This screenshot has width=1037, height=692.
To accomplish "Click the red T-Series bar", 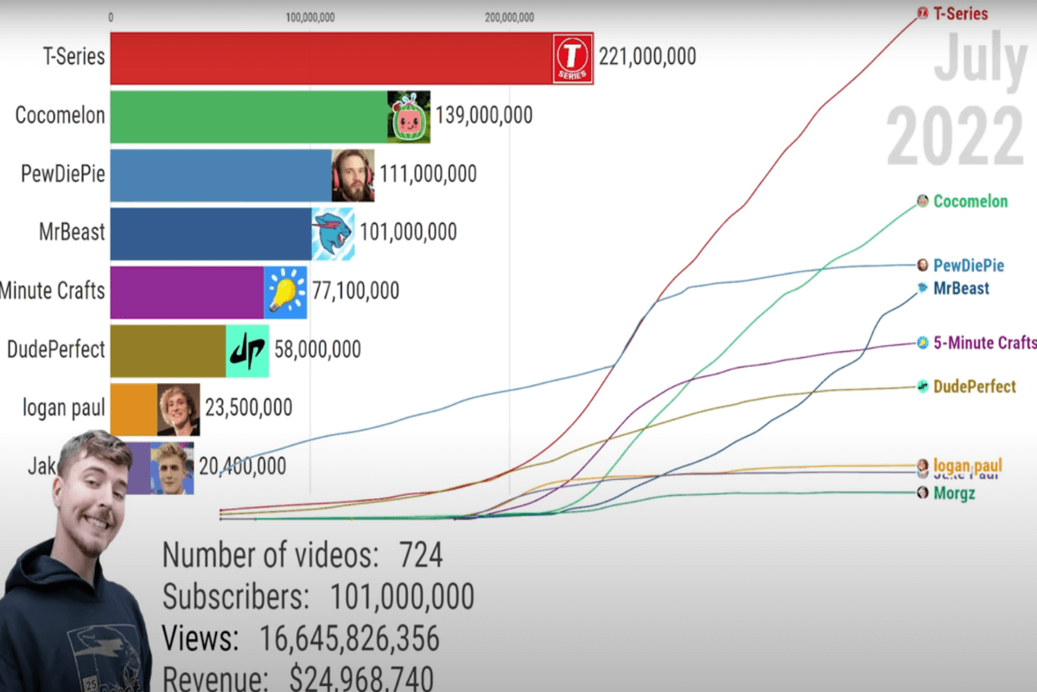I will (x=328, y=58).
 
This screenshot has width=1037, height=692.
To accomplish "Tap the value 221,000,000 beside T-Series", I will (x=647, y=57).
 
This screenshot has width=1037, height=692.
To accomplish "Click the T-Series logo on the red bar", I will (x=572, y=58).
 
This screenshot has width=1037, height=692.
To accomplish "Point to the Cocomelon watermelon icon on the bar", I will (x=408, y=117).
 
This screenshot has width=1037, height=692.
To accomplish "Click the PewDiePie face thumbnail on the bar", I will (x=353, y=175).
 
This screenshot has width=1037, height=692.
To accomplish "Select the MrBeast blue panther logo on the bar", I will (x=333, y=233).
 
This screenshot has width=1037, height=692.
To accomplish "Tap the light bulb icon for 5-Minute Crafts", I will (x=286, y=290).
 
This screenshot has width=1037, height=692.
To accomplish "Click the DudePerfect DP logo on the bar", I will (x=247, y=349).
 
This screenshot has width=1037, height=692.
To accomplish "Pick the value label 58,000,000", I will (x=318, y=349).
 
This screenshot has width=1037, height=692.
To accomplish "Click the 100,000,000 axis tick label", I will (x=309, y=16).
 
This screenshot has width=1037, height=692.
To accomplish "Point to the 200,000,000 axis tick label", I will (x=509, y=16).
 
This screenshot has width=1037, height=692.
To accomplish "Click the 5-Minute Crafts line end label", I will (x=984, y=343).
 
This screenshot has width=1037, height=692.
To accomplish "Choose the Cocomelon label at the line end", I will (x=970, y=202).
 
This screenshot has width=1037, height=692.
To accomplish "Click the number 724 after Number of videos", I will (x=421, y=555).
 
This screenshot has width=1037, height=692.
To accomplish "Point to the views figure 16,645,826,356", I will (x=350, y=638).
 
